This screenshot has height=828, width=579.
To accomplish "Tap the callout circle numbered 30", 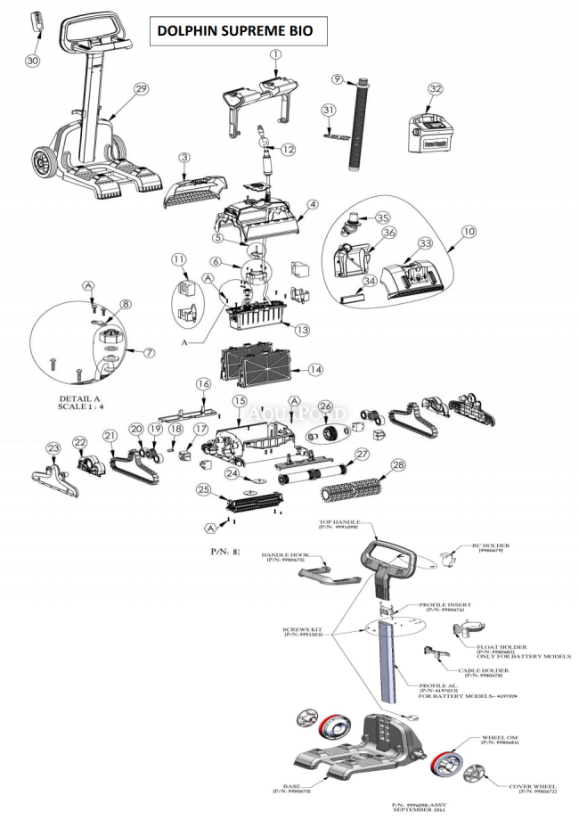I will click(33, 61).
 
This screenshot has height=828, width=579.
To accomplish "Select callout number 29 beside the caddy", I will click(141, 88).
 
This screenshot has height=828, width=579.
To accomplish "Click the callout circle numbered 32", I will click(435, 89).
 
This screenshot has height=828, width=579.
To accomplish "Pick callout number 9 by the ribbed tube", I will click(338, 79).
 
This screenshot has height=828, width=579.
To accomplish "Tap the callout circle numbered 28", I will click(398, 464).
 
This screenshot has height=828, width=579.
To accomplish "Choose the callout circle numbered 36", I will click(388, 233).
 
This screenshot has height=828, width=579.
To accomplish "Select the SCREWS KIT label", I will click(300, 631).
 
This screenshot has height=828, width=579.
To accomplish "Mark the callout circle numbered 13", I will click(303, 330).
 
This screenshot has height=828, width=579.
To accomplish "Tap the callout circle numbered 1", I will click(275, 54).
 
